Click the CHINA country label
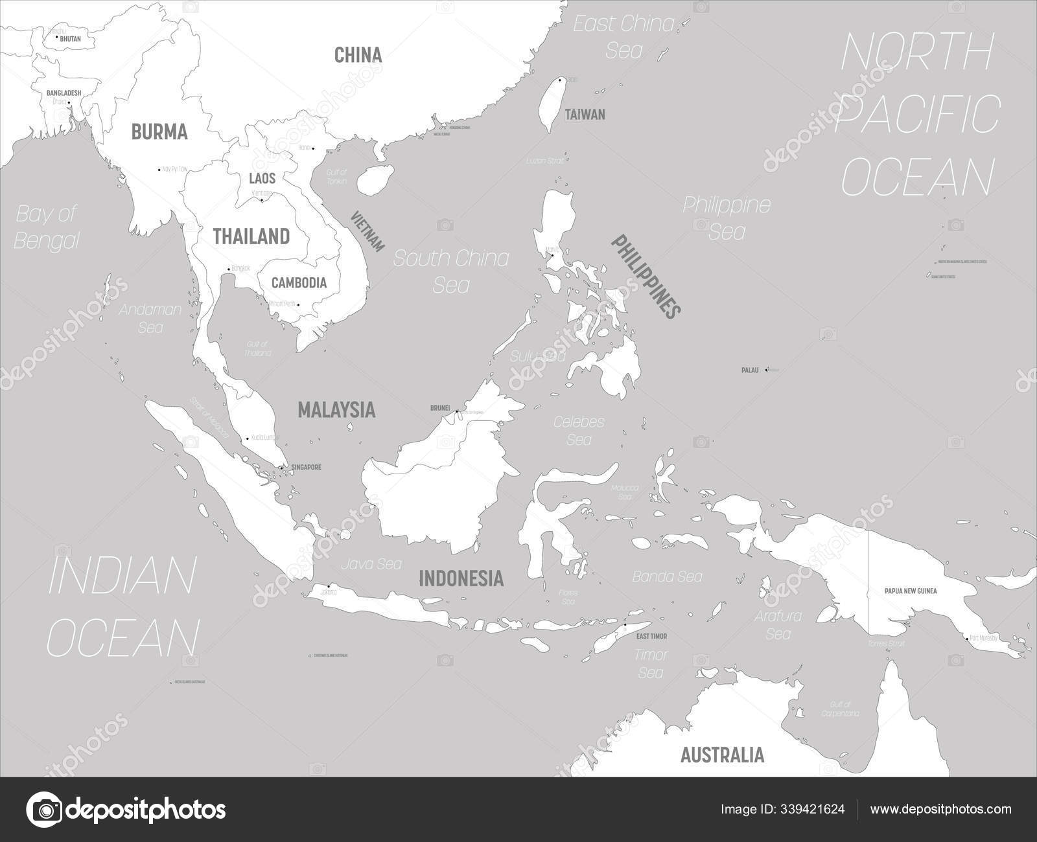pos(358,55)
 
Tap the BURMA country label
pos(159,132)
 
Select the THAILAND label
pos(251,236)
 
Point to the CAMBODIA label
pos(299,283)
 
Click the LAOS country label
pos(262,177)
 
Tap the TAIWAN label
pos(585,115)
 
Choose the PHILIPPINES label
pos(646,275)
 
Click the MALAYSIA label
pos(336,409)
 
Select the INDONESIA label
pos(461,578)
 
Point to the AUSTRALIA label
pos(722,755)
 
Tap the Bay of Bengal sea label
pos(46,227)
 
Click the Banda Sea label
pos(668,576)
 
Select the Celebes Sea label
pos(579,430)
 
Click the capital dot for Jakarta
pos(329,587)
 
